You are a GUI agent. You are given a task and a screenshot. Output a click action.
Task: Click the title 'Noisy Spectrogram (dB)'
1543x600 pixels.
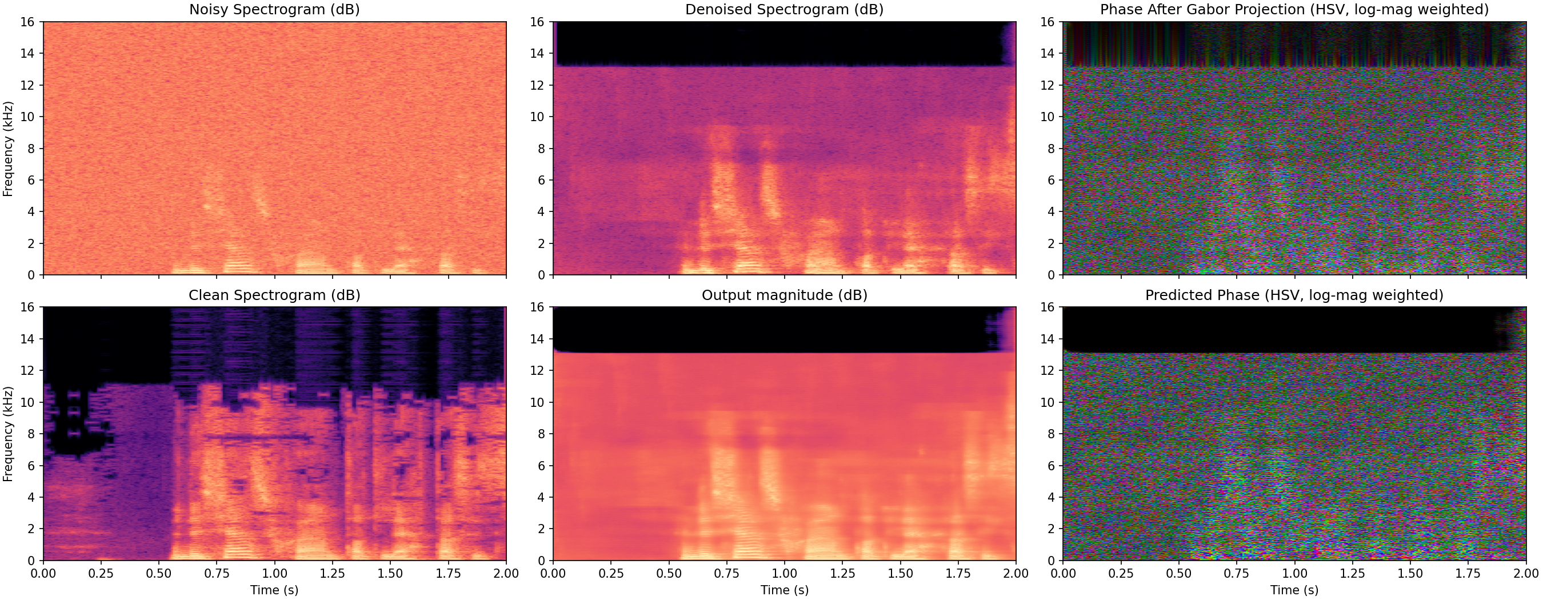pos(274,10)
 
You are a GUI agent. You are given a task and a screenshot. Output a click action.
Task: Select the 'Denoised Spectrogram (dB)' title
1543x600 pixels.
pos(784,10)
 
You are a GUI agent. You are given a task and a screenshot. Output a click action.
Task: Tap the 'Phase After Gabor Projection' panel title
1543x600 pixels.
pos(1294,10)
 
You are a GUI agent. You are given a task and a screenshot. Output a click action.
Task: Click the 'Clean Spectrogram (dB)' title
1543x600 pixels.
pos(274,295)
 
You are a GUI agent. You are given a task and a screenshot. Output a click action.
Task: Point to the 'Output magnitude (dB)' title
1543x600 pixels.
pos(784,295)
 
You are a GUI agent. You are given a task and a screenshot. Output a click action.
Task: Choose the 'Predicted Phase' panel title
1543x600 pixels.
pos(1294,295)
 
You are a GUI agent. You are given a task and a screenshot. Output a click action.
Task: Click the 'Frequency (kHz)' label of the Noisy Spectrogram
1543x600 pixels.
pos(8,149)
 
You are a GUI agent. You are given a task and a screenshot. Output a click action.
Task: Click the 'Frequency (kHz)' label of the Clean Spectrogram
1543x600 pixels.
pos(8,434)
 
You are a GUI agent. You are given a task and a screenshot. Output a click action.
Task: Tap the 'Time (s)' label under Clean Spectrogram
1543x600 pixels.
pos(274,590)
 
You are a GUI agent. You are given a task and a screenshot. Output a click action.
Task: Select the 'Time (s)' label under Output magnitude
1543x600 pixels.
pos(784,590)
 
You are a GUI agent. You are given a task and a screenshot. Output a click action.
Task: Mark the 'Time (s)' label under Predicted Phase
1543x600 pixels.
pos(1294,590)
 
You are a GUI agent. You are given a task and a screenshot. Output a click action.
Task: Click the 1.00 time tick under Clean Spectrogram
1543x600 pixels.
pos(274,574)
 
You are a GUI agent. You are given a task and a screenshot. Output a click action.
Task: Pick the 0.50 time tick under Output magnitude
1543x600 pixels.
pos(669,574)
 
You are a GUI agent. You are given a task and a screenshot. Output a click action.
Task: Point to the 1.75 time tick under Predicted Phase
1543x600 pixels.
pos(1468,574)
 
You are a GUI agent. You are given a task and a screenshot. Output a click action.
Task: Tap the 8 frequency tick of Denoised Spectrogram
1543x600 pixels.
pos(541,149)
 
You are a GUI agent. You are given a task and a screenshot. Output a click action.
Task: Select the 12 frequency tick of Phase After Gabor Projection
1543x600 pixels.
pos(1047,85)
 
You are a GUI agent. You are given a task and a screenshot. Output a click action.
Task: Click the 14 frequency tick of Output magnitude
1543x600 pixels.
pos(537,339)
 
